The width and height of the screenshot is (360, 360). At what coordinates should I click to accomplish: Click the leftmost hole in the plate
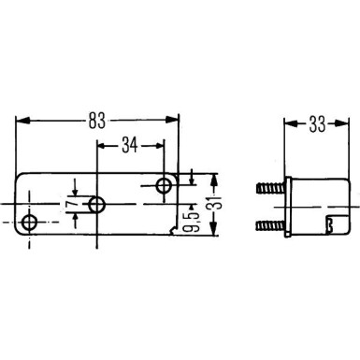tap(31, 223)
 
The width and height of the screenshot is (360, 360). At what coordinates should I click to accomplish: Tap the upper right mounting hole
tap(164, 184)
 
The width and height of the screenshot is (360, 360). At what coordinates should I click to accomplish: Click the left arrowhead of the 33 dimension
tap(286, 122)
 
